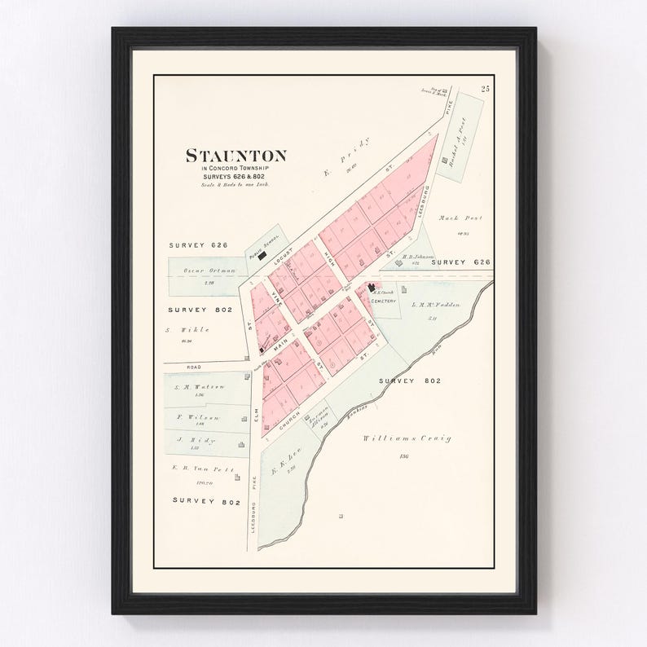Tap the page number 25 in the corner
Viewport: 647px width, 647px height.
486,89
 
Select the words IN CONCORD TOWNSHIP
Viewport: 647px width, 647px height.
225,169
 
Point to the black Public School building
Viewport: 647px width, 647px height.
263,253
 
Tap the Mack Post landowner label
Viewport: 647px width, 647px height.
467,218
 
